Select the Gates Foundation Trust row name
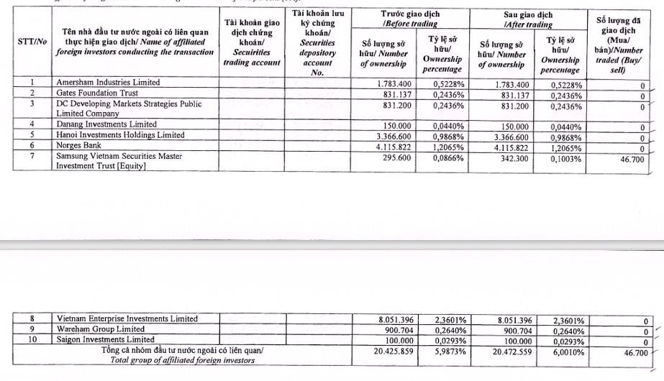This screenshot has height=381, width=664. tap(97, 93)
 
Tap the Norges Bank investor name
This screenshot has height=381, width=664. tap(81, 145)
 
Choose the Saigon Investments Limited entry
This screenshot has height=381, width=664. tap(105, 339)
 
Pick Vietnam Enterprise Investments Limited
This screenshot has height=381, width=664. tap(127, 319)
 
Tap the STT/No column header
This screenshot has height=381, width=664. tap(32, 42)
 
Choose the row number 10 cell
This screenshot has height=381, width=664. tap(32, 339)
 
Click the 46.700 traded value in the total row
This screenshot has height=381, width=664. tap(634, 353)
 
